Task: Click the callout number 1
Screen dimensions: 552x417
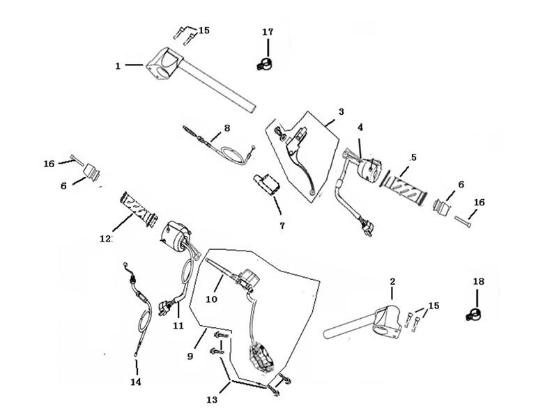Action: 118,65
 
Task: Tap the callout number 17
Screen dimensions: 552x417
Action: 268,31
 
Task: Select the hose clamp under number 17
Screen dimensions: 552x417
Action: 265,64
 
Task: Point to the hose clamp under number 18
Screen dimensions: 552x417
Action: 473,315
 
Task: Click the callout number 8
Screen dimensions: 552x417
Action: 227,128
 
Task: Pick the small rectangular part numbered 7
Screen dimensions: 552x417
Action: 266,184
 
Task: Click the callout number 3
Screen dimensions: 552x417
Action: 341,112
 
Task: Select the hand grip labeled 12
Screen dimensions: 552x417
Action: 139,210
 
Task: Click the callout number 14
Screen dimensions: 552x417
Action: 136,381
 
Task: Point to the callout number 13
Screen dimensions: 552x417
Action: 212,400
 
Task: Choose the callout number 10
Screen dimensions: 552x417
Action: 212,299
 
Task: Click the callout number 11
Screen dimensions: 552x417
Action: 178,326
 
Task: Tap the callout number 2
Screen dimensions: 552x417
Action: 392,281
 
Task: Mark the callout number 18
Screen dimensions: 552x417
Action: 478,281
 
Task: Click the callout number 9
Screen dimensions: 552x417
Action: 190,356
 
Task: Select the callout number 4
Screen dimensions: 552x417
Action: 360,127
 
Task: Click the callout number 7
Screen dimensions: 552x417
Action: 282,226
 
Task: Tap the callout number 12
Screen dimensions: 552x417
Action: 105,239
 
